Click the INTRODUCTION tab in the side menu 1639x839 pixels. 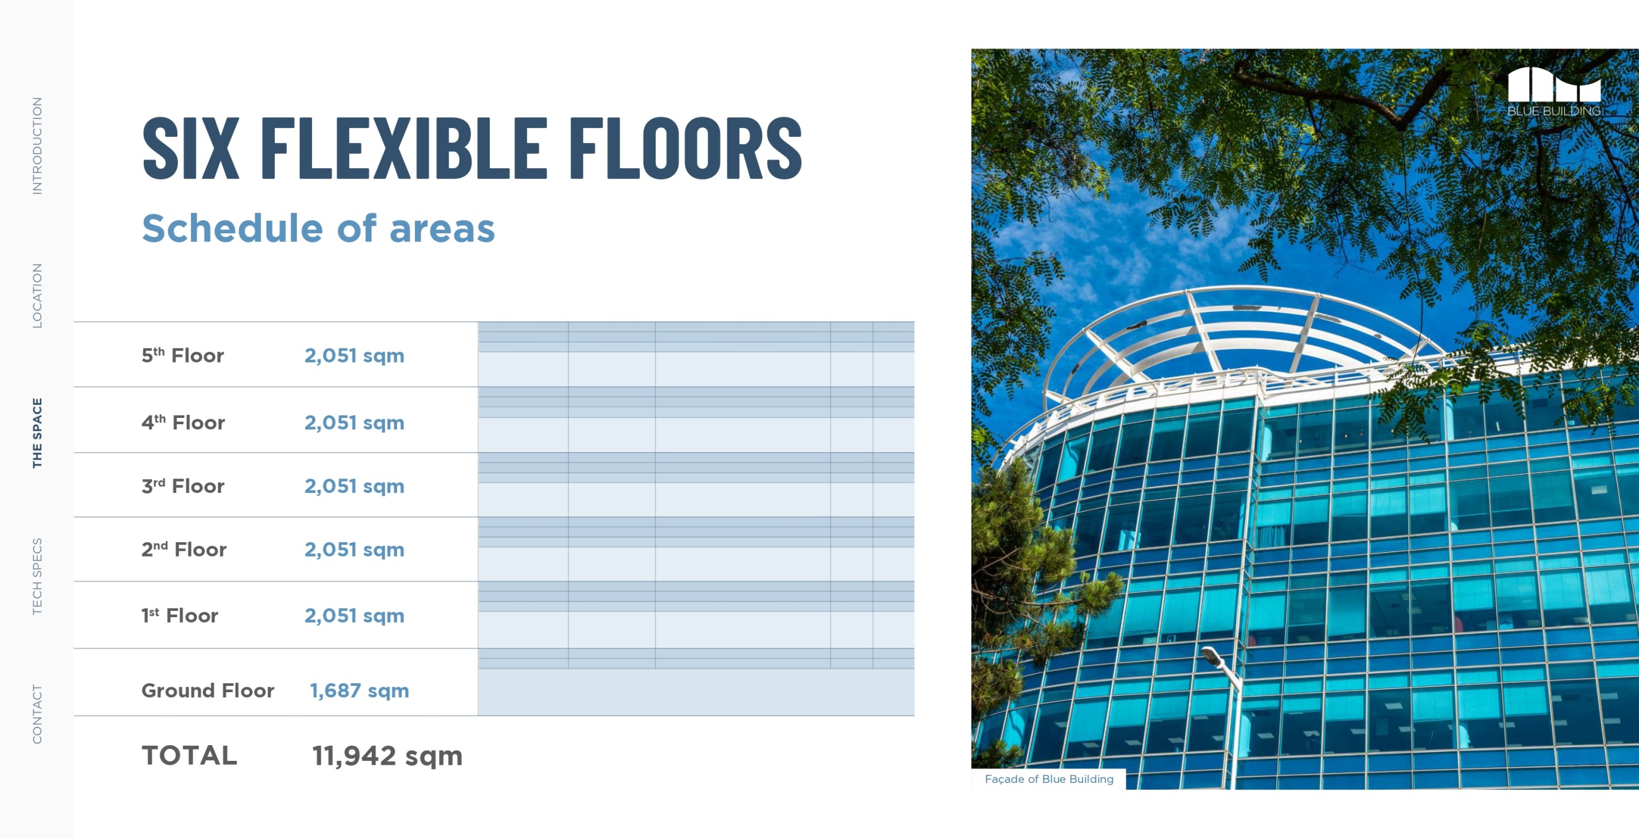tap(38, 146)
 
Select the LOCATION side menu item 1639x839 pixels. tap(38, 296)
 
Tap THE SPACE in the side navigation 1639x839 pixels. tap(38, 433)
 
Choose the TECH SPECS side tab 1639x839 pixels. tap(38, 576)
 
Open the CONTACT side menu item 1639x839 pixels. tap(38, 714)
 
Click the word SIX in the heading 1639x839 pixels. tap(191, 148)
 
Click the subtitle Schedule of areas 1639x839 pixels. tap(318, 228)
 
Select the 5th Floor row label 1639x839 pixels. tap(183, 355)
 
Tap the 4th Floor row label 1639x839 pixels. tap(183, 422)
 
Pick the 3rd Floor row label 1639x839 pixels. tap(183, 485)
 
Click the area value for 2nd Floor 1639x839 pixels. tap(354, 549)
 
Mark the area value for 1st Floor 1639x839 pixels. tap(354, 615)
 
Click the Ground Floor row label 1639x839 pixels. tap(207, 690)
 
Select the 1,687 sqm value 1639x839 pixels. tap(359, 690)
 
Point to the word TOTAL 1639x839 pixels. tap(189, 756)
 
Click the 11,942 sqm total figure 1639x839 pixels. tap(387, 756)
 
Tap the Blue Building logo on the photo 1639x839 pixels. tap(1554, 91)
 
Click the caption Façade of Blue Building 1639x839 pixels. tap(1049, 779)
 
